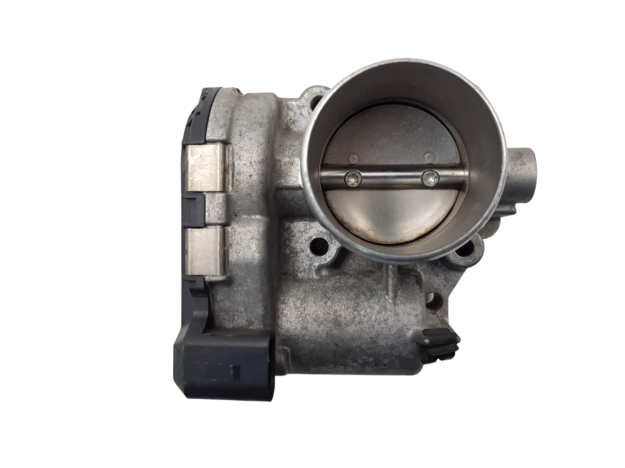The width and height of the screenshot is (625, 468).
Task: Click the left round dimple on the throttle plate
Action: (354, 159)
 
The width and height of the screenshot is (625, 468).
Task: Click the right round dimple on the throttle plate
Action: (429, 158)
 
